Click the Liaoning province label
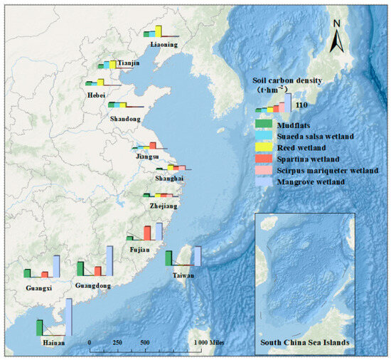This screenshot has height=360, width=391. click(164, 44)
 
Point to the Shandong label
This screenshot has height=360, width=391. click(124, 118)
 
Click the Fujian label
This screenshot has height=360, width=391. click(139, 249)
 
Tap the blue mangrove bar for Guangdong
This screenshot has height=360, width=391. click(109, 260)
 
